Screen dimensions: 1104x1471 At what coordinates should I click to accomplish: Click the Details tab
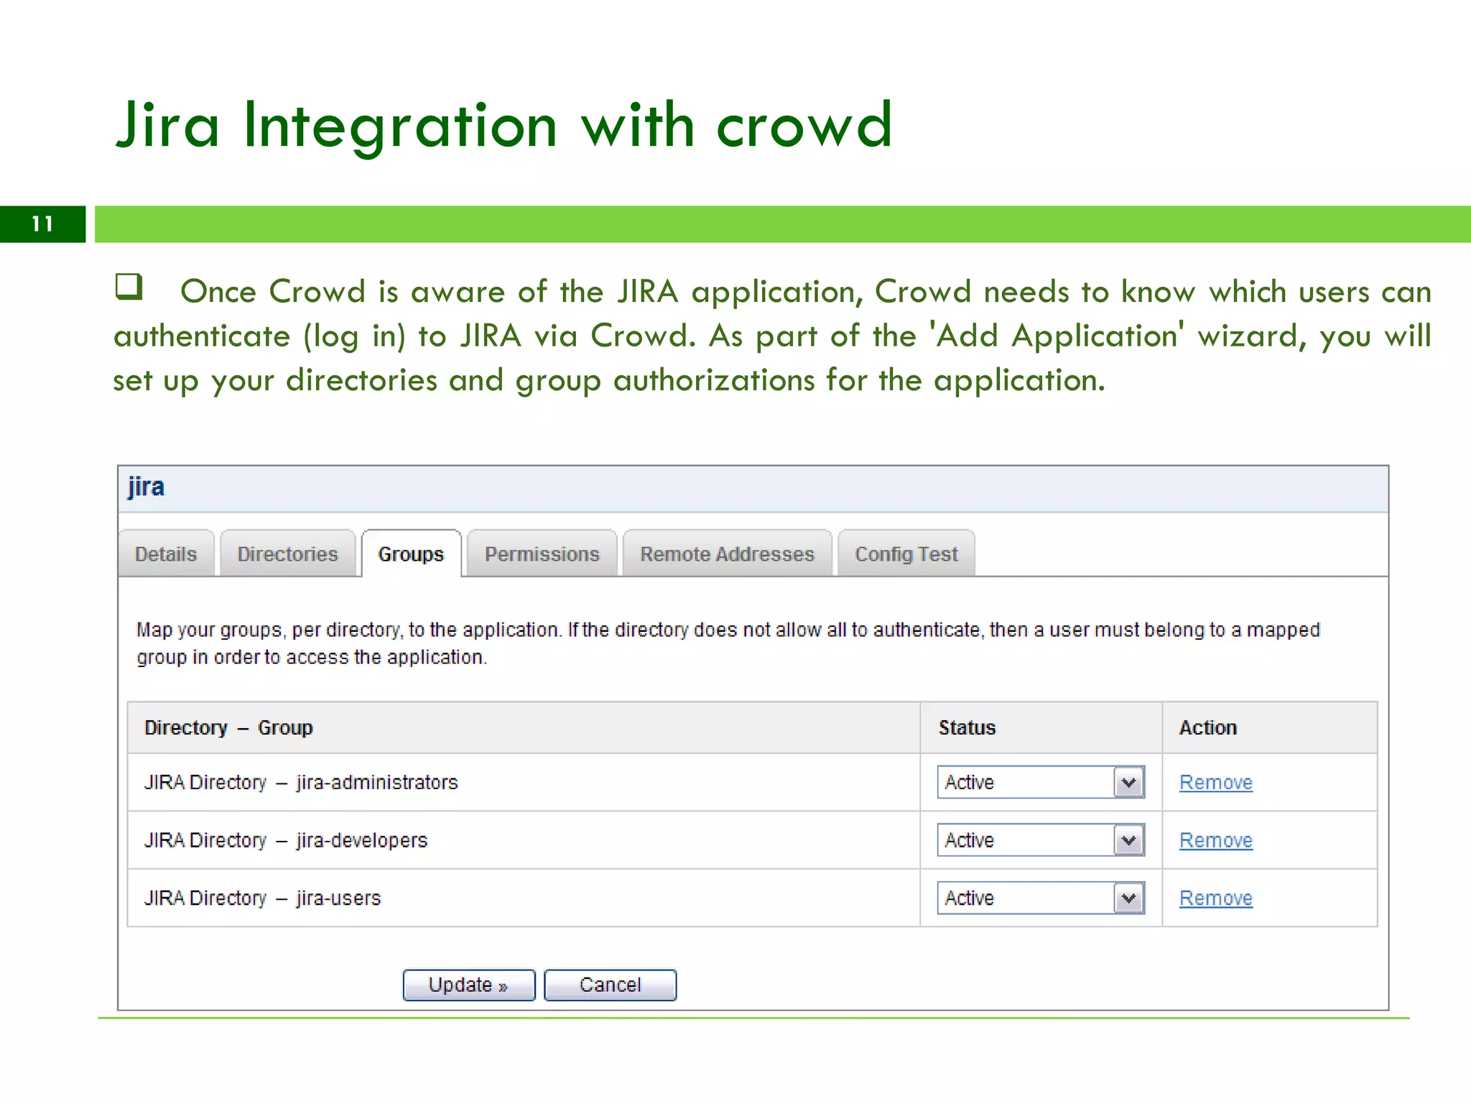[x=166, y=554]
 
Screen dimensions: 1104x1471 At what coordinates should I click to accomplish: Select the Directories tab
[x=287, y=554]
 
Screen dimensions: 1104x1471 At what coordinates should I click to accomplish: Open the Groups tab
[x=411, y=554]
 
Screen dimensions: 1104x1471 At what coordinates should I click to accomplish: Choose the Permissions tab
[x=542, y=554]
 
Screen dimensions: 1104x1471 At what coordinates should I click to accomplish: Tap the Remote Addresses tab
[x=727, y=554]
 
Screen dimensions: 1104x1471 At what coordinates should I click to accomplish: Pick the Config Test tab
[x=906, y=554]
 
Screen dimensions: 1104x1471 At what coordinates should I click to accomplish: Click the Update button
[x=468, y=985]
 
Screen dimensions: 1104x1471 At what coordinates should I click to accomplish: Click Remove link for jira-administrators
[x=1215, y=782]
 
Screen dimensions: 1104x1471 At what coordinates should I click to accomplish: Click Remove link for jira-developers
[x=1215, y=840]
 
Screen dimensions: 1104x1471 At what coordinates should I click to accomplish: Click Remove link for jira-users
[x=1215, y=898]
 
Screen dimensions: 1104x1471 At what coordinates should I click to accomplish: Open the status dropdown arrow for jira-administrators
[x=1129, y=782]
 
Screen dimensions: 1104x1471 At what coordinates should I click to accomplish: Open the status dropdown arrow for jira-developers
[x=1129, y=840]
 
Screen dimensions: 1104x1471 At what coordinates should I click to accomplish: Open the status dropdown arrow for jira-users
[x=1129, y=898]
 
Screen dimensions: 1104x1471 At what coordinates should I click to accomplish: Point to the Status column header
[x=967, y=727]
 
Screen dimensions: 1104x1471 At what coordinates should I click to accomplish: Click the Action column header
[x=1207, y=727]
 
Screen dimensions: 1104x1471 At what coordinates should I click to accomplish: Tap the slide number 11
[x=42, y=224]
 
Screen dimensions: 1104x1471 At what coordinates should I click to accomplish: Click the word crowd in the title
[x=804, y=126]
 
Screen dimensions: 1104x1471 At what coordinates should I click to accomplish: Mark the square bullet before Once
[x=129, y=286]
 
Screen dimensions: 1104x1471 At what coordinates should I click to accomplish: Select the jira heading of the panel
[x=147, y=487]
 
